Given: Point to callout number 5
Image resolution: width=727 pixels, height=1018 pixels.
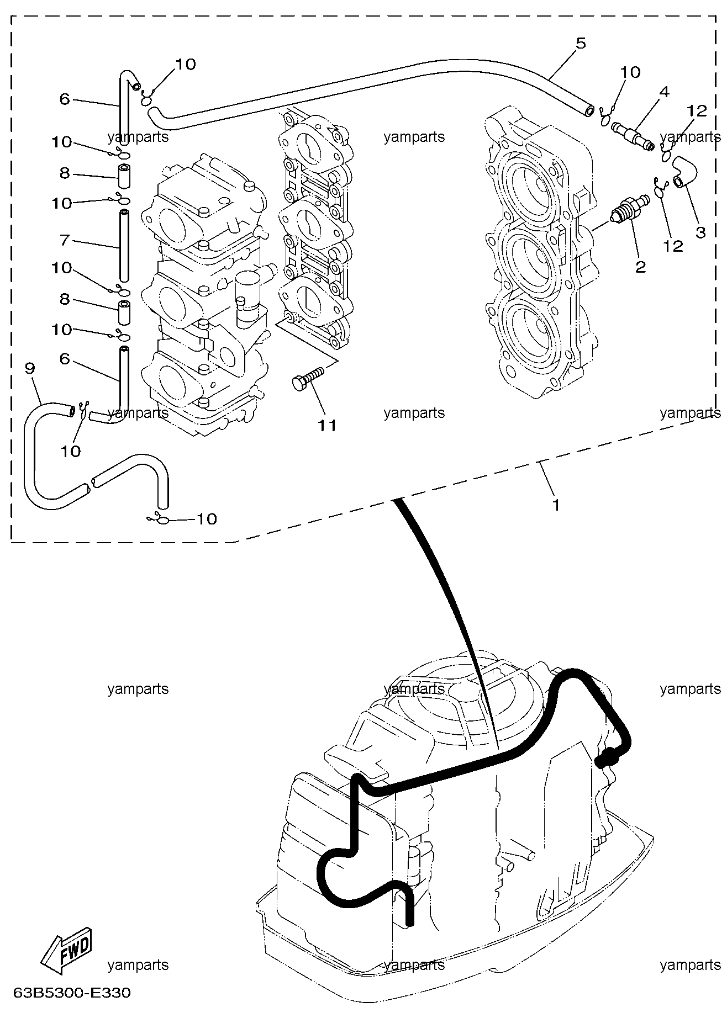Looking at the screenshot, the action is [581, 43].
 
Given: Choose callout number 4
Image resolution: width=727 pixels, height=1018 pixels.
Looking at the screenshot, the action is [664, 92].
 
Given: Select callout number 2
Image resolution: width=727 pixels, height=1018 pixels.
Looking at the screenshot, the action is [640, 267].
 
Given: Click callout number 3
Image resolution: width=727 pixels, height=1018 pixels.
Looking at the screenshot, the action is [700, 232].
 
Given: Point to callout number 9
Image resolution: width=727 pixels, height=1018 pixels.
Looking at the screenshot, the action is [30, 368].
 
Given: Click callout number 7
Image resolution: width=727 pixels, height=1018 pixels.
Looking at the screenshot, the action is [65, 241].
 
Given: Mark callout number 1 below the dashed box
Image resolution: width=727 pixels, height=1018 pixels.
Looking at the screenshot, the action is [556, 504].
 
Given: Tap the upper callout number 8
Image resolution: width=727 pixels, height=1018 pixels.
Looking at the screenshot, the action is [65, 173].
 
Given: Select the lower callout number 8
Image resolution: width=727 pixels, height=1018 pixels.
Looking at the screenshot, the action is [65, 299].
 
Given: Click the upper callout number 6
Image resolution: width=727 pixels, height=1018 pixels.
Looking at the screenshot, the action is [65, 99].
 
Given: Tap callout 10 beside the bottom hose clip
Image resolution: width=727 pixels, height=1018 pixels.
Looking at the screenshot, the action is [207, 519].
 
